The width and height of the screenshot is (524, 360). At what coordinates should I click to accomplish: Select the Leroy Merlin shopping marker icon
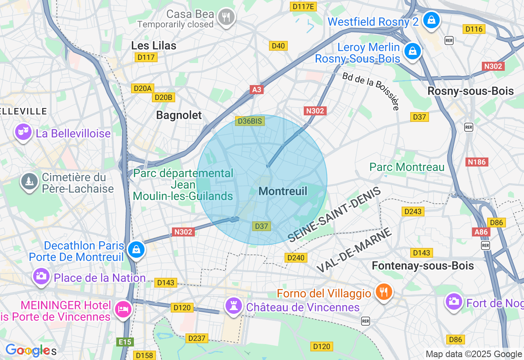pos(413,52)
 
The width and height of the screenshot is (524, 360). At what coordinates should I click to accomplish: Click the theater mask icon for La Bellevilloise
pos(23,132)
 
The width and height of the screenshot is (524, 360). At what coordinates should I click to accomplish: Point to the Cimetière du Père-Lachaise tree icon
pos(29,182)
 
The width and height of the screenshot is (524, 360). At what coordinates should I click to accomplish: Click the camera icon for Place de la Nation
pos(41,276)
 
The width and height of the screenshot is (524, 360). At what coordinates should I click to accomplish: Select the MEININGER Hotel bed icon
pos(123,308)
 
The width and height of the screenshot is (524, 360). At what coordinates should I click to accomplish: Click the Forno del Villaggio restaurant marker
pos(383,292)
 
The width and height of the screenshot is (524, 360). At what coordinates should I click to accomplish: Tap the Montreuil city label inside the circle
pos(283,191)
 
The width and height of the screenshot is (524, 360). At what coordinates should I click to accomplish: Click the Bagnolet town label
pos(179,115)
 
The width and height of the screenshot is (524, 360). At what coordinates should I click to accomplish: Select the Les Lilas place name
pos(154,45)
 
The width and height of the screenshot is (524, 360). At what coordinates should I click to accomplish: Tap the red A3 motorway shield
pos(257,90)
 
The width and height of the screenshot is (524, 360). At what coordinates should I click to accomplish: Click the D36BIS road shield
pos(250,121)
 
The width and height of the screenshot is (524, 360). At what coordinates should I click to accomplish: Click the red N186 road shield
pos(477,162)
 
